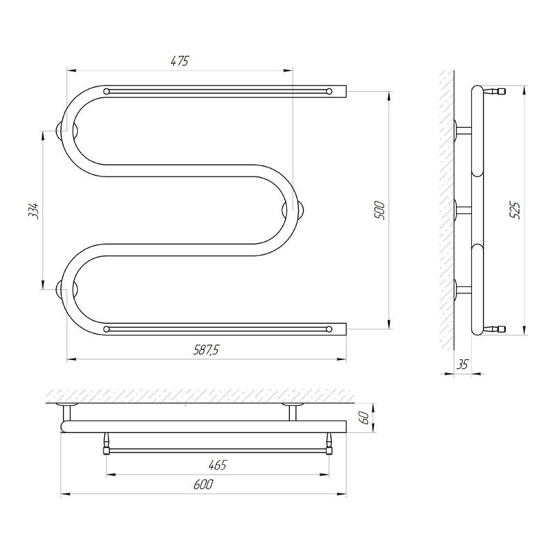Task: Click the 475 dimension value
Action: point(180,61)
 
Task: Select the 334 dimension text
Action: point(33,211)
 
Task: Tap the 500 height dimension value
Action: point(379,210)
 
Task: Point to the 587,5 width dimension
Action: point(206,350)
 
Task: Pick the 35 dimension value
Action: point(461,364)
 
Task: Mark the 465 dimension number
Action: point(217,464)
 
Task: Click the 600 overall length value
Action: point(203,484)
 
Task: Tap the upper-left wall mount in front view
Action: point(60,130)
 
